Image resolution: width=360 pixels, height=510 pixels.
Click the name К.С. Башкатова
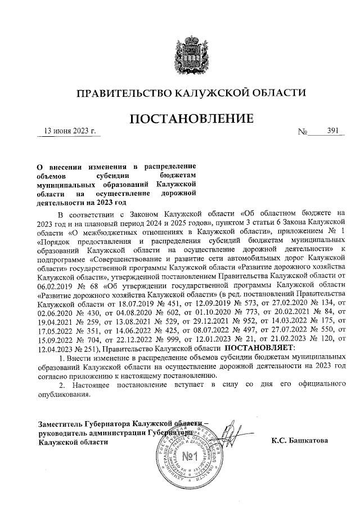click(299, 440)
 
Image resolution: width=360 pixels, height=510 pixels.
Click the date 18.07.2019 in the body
click(122, 303)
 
